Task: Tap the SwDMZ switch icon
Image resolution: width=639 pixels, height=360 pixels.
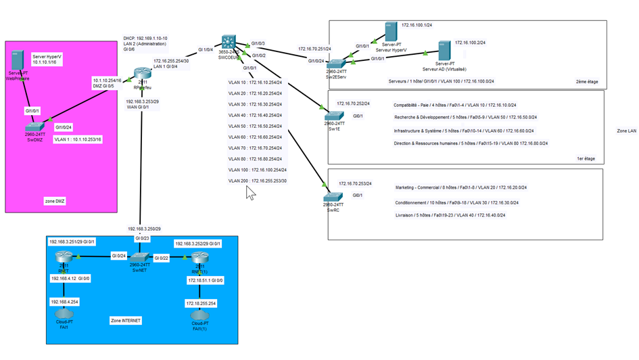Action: pos(34,126)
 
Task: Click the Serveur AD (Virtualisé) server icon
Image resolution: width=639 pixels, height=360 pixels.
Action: pos(444,51)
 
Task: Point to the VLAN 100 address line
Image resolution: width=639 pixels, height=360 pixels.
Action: pos(258,170)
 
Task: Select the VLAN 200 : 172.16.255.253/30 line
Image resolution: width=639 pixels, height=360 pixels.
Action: pos(258,181)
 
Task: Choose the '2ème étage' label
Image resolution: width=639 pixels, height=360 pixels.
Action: pos(587,81)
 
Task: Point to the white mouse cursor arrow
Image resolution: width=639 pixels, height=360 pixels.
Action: pos(250,193)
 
